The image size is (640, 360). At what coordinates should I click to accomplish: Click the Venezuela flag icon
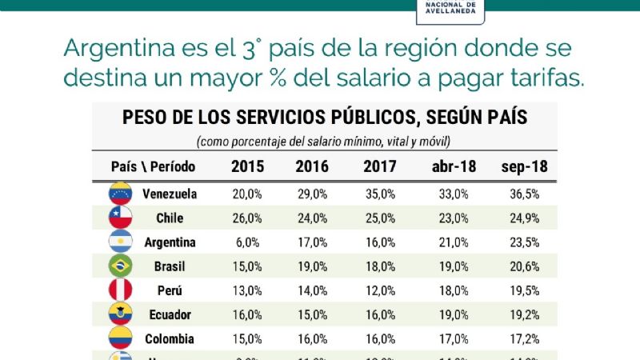(x=120, y=193)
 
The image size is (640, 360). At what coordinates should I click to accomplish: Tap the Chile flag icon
(x=120, y=217)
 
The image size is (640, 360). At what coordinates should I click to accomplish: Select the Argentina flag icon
(x=120, y=242)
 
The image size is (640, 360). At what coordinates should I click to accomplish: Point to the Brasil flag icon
(x=120, y=266)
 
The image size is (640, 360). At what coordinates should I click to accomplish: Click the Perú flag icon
(x=120, y=290)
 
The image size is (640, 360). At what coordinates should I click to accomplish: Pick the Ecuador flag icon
(x=120, y=314)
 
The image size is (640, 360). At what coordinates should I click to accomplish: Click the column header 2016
(x=312, y=167)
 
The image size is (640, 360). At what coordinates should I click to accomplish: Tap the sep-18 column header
(x=524, y=167)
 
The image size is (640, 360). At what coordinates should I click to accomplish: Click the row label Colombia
(x=170, y=338)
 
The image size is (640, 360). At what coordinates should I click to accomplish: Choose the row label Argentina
(x=170, y=242)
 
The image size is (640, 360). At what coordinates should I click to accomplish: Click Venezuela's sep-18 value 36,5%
(x=524, y=193)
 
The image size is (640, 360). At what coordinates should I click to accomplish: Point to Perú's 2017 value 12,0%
(x=379, y=290)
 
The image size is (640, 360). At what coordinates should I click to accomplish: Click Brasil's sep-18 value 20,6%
(x=524, y=266)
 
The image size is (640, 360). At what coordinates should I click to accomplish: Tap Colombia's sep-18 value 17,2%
(x=524, y=338)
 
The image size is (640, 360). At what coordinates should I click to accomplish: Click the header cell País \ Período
(x=153, y=167)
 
